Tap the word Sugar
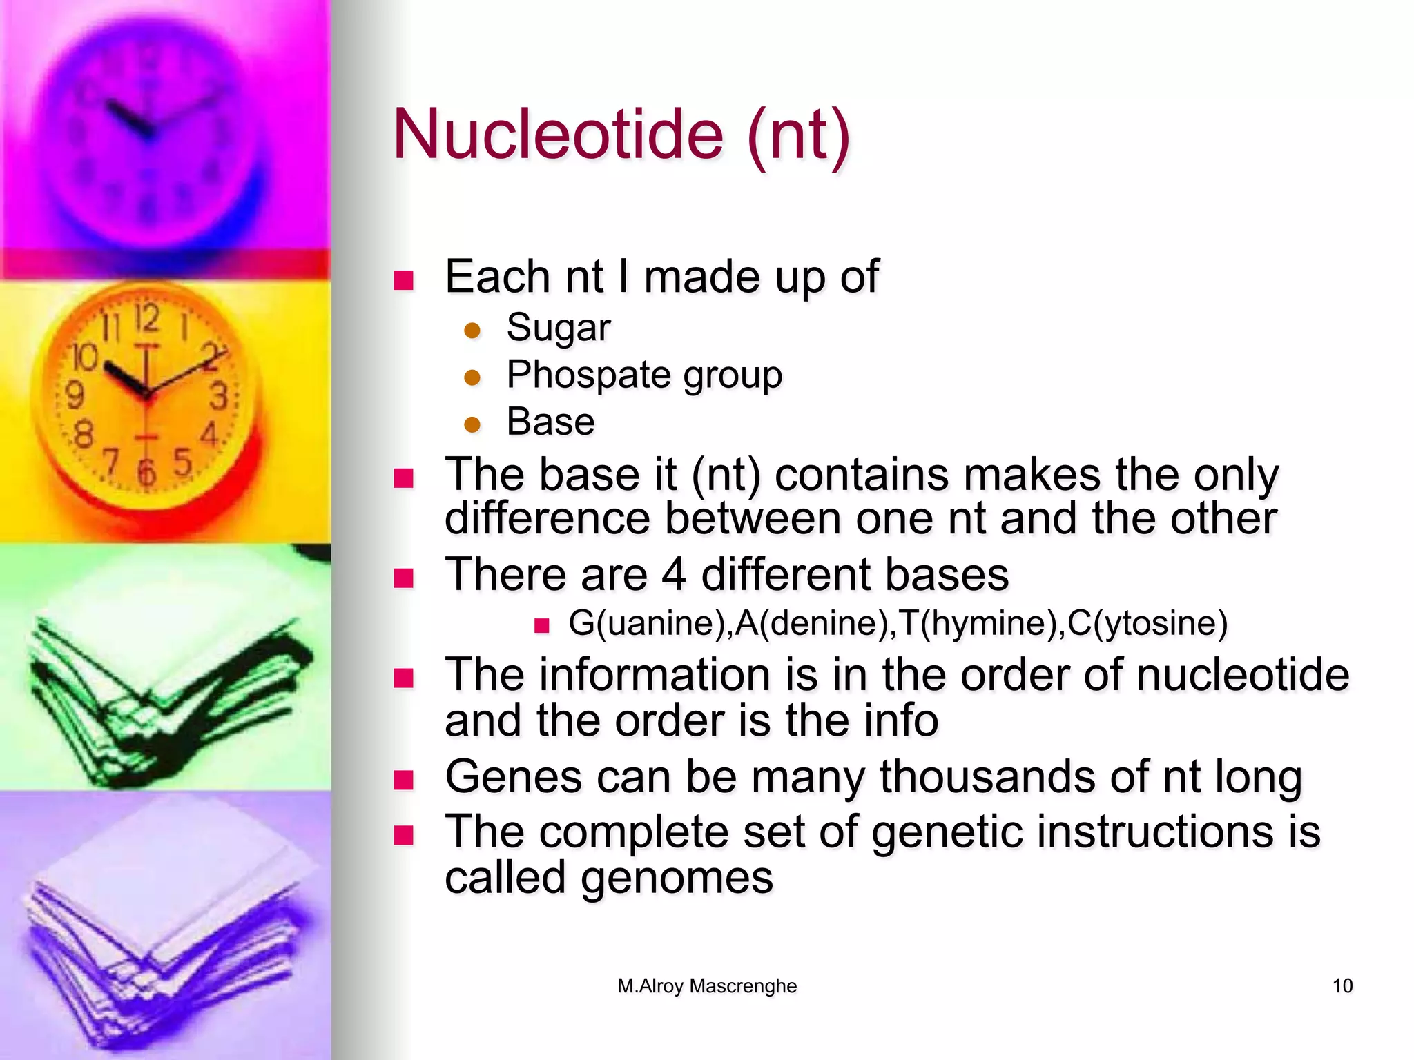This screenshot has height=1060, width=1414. point(558,328)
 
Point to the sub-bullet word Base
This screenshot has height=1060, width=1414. point(550,422)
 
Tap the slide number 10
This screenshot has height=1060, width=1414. point(1342,985)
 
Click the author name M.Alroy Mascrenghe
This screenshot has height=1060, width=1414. point(707,985)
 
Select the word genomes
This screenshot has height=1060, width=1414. point(677,878)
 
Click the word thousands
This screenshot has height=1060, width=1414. point(987,777)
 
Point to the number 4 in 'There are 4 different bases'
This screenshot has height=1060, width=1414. point(674,574)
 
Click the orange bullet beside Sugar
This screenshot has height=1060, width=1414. point(472,331)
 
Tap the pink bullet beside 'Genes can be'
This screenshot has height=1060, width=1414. point(403,781)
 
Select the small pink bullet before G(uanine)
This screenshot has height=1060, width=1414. point(541,626)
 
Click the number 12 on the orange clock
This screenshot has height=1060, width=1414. point(146,319)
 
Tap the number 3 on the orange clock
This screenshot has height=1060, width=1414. point(218,397)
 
